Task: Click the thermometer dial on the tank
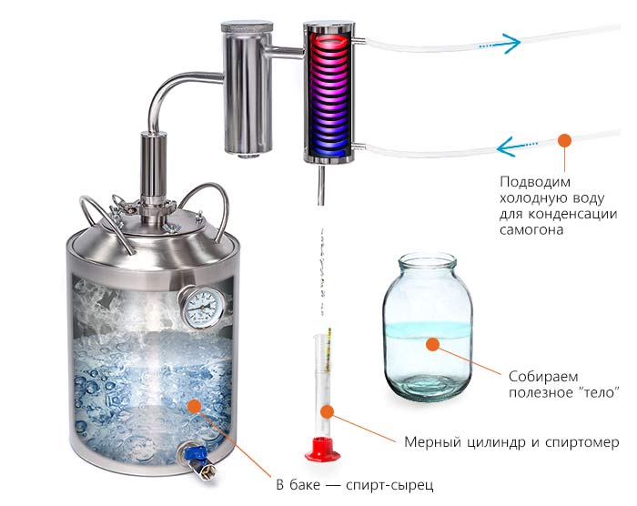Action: click(x=202, y=307)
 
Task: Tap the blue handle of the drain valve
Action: click(x=195, y=452)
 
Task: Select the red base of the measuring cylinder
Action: click(x=322, y=449)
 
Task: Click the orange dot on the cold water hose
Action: click(x=564, y=141)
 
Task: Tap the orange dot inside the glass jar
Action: click(x=433, y=344)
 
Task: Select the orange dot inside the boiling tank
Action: click(x=195, y=406)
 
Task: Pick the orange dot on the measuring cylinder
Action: click(x=327, y=411)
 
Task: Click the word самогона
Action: click(x=531, y=230)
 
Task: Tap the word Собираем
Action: click(x=543, y=377)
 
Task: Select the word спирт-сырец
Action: click(x=389, y=485)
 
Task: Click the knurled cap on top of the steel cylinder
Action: click(x=247, y=28)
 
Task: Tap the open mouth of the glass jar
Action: click(x=427, y=259)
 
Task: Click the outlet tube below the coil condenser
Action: click(x=321, y=184)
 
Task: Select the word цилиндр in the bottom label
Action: click(x=494, y=442)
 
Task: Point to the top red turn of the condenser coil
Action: click(x=329, y=41)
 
